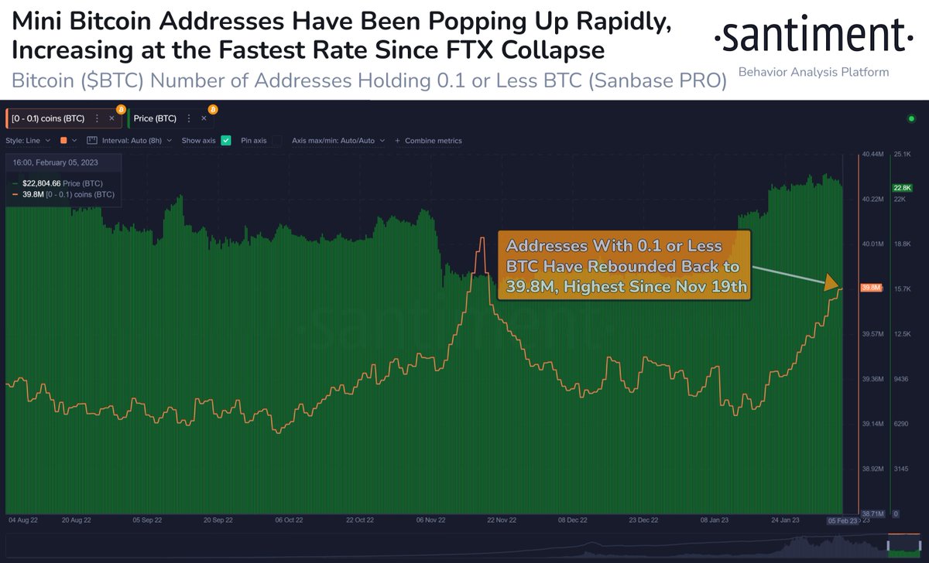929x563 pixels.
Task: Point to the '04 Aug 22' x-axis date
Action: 23,520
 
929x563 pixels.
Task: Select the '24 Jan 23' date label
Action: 785,520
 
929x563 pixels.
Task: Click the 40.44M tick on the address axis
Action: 872,155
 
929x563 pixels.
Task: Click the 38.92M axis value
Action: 872,469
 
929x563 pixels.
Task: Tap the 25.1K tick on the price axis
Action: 903,155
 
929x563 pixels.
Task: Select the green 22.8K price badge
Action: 903,187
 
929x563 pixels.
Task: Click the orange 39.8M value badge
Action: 872,288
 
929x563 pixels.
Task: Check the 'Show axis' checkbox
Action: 226,141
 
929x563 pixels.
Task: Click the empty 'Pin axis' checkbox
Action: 276,141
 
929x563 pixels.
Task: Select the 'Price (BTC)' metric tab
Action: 155,118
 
